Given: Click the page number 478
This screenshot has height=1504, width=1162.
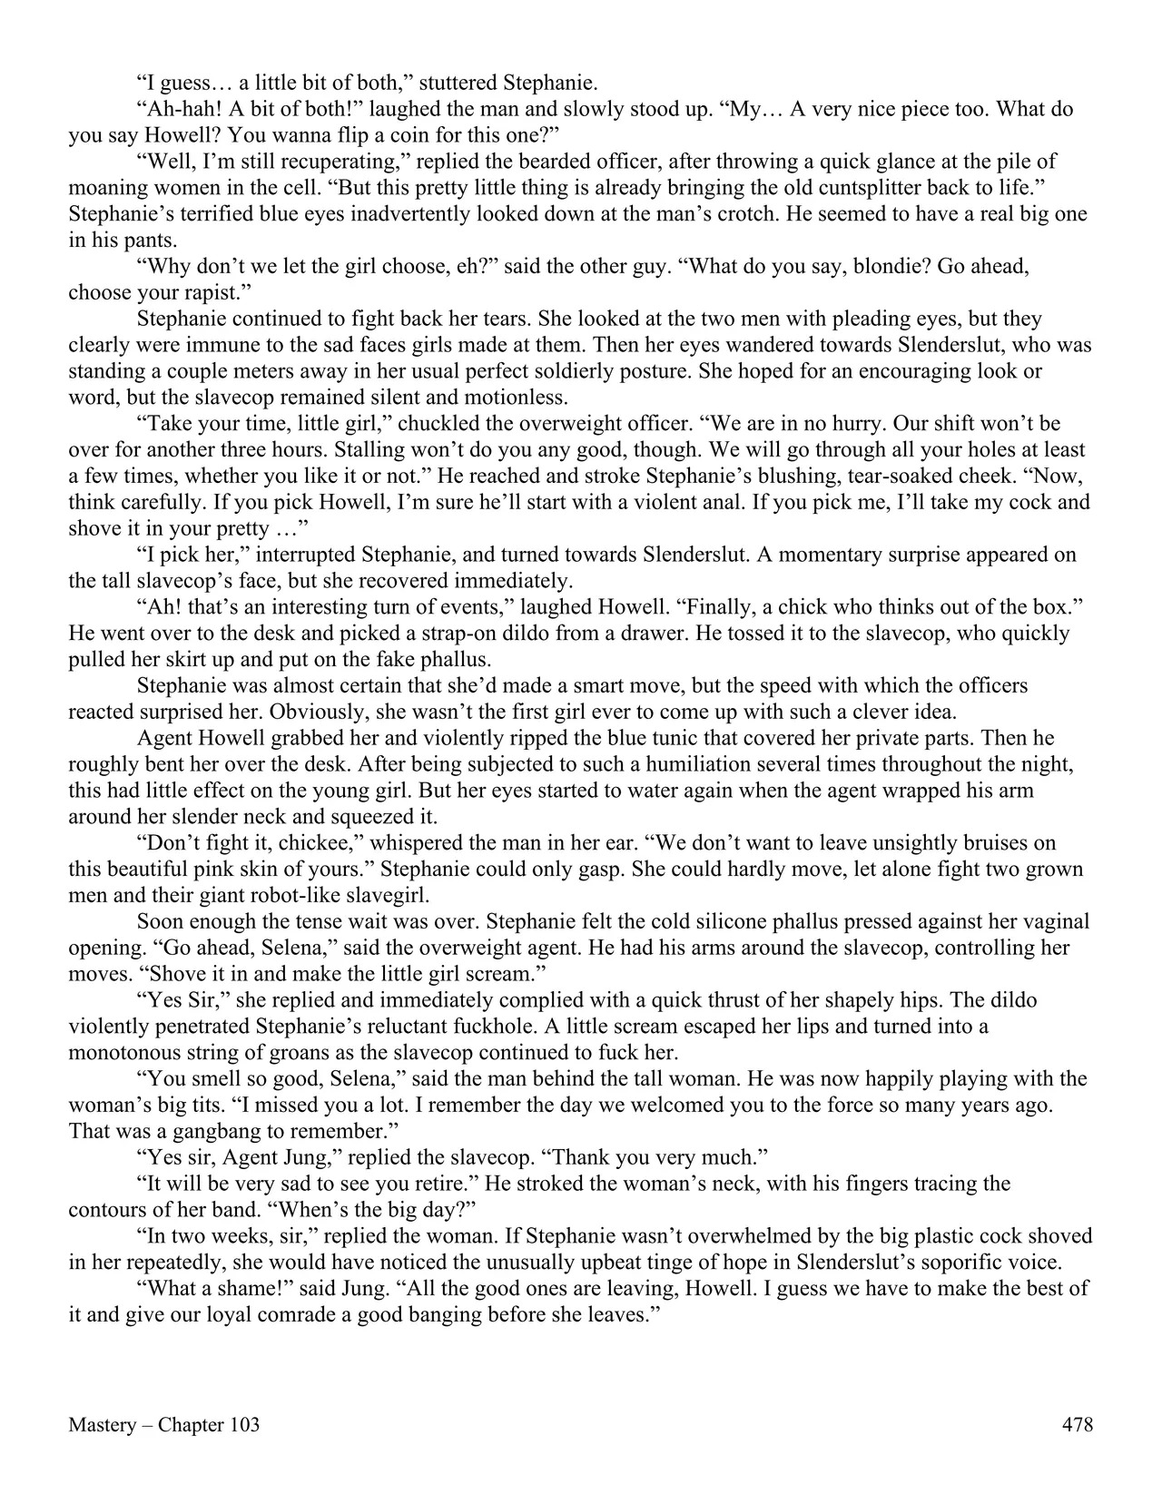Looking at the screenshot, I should click(x=1077, y=1425).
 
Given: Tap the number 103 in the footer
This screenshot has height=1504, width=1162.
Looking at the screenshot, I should click(x=244, y=1425).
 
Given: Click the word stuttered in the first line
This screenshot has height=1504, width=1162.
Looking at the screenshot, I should click(x=468, y=84).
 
